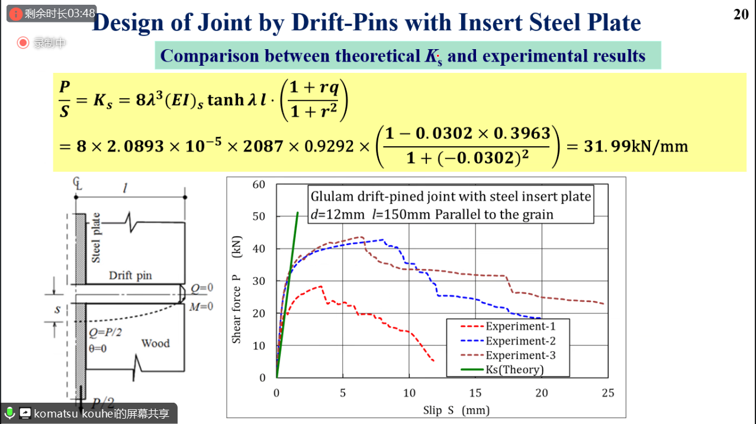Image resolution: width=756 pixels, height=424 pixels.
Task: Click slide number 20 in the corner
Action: pos(741,14)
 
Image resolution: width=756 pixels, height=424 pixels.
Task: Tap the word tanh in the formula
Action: pos(226,99)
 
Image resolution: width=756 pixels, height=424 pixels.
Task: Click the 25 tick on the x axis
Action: pos(607,393)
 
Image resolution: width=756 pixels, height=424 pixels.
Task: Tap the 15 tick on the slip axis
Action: pos(475,393)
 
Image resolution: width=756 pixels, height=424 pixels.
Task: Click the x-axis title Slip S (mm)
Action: pos(456,410)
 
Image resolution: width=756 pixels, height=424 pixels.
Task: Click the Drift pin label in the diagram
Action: pos(131,275)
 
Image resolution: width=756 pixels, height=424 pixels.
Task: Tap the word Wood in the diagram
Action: pos(155,343)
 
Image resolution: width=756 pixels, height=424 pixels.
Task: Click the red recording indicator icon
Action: pos(23,42)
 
